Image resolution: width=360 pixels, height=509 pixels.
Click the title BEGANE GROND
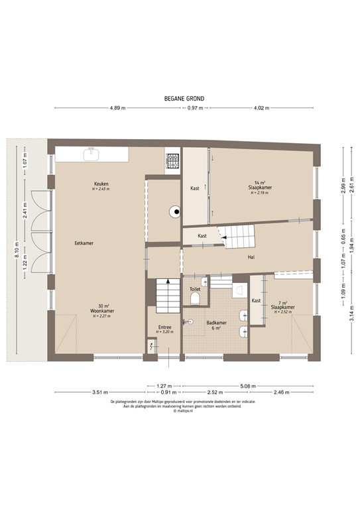pos(184,98)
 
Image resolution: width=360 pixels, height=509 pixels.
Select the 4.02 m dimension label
pos(261,107)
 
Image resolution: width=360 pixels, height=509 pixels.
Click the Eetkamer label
pos(84,243)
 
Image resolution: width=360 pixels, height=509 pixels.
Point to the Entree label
pos(165,327)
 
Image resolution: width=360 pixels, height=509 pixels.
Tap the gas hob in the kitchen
pos(173,160)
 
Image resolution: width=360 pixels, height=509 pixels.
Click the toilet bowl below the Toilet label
pos(195,300)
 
